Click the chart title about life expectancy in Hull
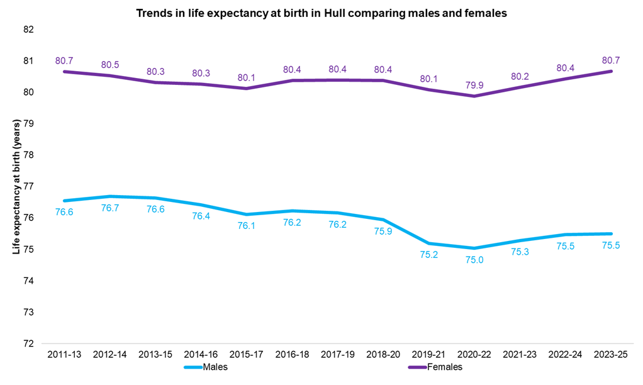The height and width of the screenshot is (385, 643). click(321, 13)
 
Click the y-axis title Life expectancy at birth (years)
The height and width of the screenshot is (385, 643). click(16, 187)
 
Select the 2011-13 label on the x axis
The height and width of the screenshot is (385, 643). click(64, 355)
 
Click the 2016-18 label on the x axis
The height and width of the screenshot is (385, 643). click(292, 355)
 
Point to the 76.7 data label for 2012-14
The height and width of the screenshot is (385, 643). click(110, 208)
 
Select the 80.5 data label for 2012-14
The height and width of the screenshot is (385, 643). click(110, 64)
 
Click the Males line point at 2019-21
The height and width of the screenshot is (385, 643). click(428, 243)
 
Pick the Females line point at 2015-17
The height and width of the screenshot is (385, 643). click(247, 88)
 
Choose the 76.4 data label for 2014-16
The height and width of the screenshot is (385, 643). click(201, 216)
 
